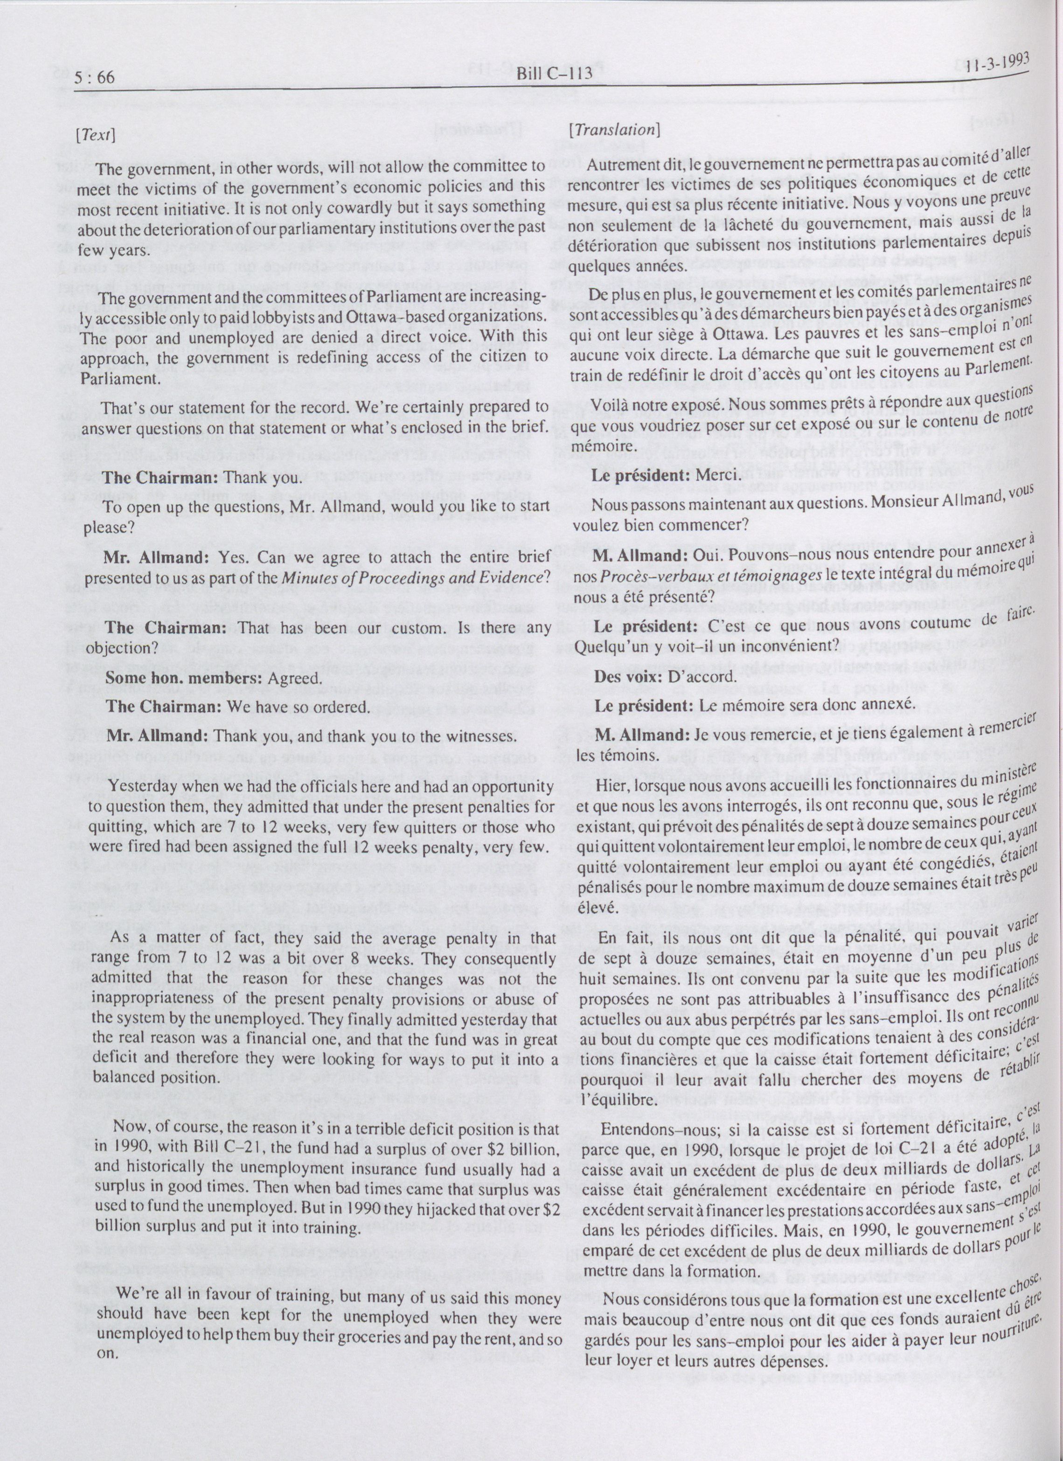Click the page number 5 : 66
click(95, 78)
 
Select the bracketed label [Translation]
click(613, 129)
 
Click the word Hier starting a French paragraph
click(610, 785)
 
